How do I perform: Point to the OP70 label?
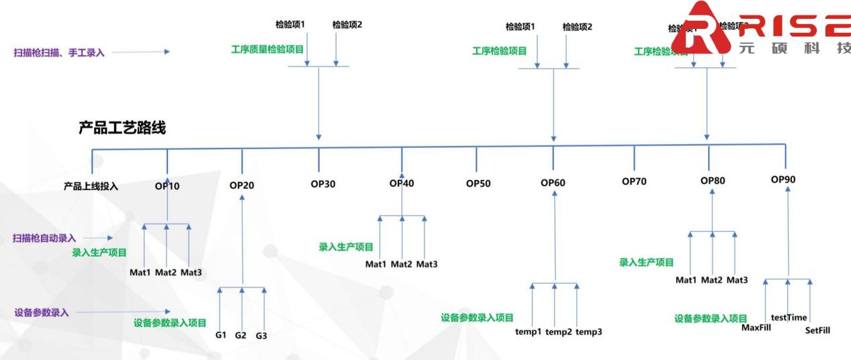tap(635, 181)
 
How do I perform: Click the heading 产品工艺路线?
tap(122, 129)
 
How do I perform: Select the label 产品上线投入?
tap(91, 186)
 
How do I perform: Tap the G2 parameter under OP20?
tap(241, 334)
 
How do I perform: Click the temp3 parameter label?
tap(589, 332)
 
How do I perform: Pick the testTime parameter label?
tap(789, 317)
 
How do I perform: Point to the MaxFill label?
tap(756, 328)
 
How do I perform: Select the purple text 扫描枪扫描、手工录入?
tap(59, 52)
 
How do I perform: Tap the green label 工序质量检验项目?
tap(267, 50)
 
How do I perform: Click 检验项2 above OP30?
tap(347, 25)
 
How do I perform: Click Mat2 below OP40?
tap(401, 264)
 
